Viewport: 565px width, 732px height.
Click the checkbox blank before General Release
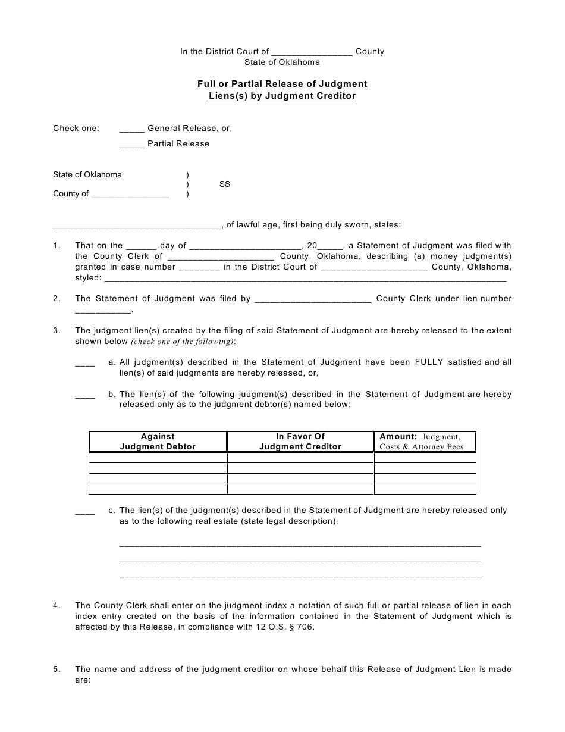(x=131, y=129)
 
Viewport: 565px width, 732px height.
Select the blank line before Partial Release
(x=131, y=145)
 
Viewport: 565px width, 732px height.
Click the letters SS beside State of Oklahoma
(x=224, y=184)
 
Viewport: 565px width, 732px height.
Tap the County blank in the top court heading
(x=312, y=52)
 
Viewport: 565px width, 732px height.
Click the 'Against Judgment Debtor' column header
(x=158, y=442)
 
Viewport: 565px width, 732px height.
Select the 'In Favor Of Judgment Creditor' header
(x=300, y=442)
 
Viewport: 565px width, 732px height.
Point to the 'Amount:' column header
(x=398, y=437)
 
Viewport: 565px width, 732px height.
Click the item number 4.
(x=56, y=606)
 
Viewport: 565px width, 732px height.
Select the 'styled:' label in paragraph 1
(x=88, y=278)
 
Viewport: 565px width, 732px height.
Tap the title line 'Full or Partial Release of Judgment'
(x=282, y=84)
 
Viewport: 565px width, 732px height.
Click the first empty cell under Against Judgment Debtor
(x=158, y=458)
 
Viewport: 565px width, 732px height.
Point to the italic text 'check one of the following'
(x=182, y=342)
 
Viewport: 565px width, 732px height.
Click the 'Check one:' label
(x=76, y=129)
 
